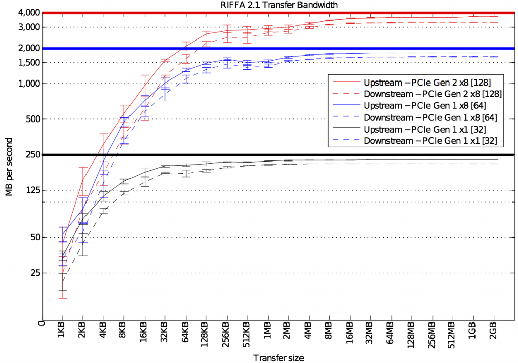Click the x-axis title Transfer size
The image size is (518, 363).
pyautogui.click(x=279, y=358)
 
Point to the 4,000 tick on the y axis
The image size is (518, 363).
pyautogui.click(x=28, y=12)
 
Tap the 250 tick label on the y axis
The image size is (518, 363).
pyautogui.click(x=32, y=155)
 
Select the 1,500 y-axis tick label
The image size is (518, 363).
pyautogui.click(x=29, y=63)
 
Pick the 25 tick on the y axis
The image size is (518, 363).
pyautogui.click(x=34, y=273)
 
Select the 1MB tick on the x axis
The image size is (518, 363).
pyautogui.click(x=268, y=335)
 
